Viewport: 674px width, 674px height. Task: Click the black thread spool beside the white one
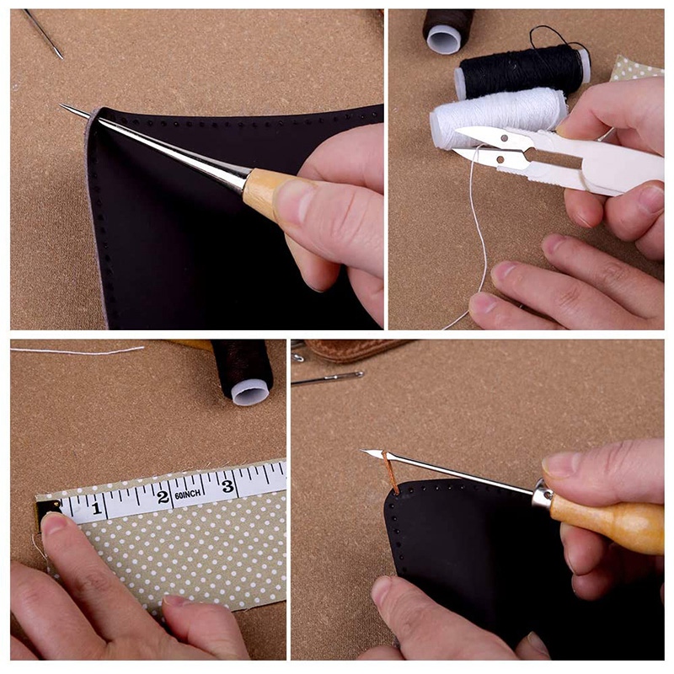tap(522, 71)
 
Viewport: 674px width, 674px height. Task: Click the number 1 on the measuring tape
tap(96, 508)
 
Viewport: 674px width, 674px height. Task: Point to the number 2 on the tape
tap(163, 496)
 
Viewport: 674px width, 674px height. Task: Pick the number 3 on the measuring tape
tap(227, 485)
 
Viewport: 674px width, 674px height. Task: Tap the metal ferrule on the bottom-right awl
tap(543, 495)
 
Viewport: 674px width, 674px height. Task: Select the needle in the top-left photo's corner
tap(43, 34)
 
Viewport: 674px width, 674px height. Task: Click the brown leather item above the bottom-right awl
tap(354, 348)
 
